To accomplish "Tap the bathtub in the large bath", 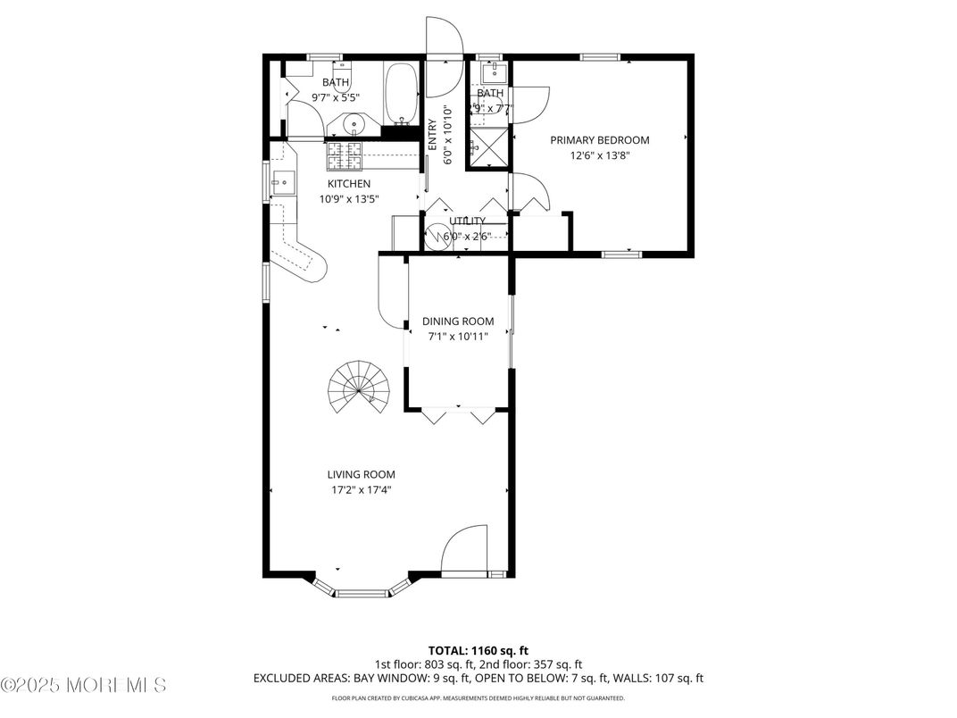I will tap(401, 95).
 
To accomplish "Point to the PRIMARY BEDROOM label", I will tap(599, 140).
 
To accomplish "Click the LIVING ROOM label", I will tap(361, 474).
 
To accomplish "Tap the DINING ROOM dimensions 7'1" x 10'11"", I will tap(458, 337).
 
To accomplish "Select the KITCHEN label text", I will tap(348, 184).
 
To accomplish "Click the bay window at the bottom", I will tap(361, 589).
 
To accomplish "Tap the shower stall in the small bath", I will tap(490, 148).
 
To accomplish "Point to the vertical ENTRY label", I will tap(433, 134).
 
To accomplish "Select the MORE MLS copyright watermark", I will tap(85, 686).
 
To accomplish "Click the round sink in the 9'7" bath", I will tap(354, 126).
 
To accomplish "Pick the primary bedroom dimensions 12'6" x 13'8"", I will tap(599, 155).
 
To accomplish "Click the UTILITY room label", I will tap(468, 221).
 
